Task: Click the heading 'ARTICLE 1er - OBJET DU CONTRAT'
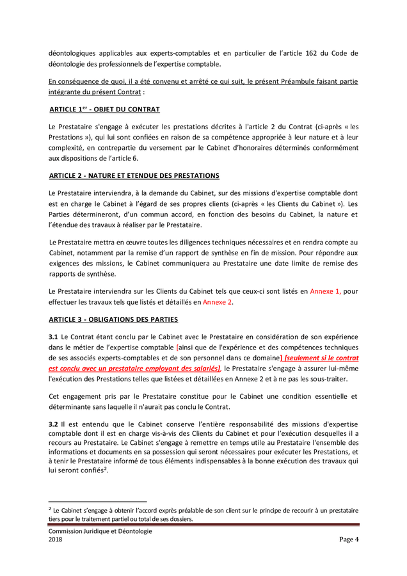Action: (104, 109)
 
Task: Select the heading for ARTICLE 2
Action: (134, 175)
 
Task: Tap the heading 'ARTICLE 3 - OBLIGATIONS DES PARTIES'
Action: (113, 319)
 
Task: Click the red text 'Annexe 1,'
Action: (325, 291)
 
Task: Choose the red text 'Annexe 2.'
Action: (218, 301)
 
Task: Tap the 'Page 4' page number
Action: (349, 540)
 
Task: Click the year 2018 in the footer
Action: (56, 540)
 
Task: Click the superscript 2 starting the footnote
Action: (51, 509)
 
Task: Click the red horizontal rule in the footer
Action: (203, 525)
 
